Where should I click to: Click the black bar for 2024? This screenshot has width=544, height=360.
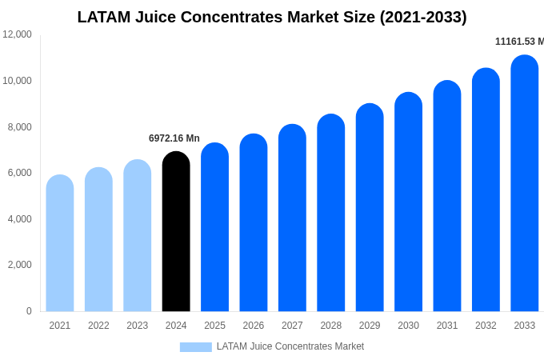tap(176, 232)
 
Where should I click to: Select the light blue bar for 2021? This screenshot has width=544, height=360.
tap(60, 243)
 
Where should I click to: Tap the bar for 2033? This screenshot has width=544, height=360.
tap(525, 184)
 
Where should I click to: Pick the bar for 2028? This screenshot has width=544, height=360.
tap(331, 213)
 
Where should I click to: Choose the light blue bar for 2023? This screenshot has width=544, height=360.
tap(138, 236)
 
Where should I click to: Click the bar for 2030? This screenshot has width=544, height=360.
tap(408, 202)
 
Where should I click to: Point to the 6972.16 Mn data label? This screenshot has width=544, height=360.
tap(174, 138)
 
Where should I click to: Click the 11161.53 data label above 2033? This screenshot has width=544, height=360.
tap(519, 42)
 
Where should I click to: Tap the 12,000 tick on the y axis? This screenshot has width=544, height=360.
tap(18, 34)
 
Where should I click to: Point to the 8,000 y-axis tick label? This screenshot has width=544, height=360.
tap(20, 126)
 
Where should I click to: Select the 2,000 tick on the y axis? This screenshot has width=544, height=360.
tap(20, 265)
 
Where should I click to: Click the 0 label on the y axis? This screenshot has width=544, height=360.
tap(29, 311)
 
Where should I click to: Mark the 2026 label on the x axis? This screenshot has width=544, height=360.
tap(254, 326)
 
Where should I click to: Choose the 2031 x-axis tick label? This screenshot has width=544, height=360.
tap(447, 326)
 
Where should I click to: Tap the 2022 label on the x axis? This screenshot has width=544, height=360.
tap(98, 326)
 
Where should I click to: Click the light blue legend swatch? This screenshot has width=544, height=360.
tap(195, 347)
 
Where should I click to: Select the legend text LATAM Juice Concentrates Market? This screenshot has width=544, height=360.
tap(290, 346)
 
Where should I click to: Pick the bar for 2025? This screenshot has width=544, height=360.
tap(214, 228)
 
